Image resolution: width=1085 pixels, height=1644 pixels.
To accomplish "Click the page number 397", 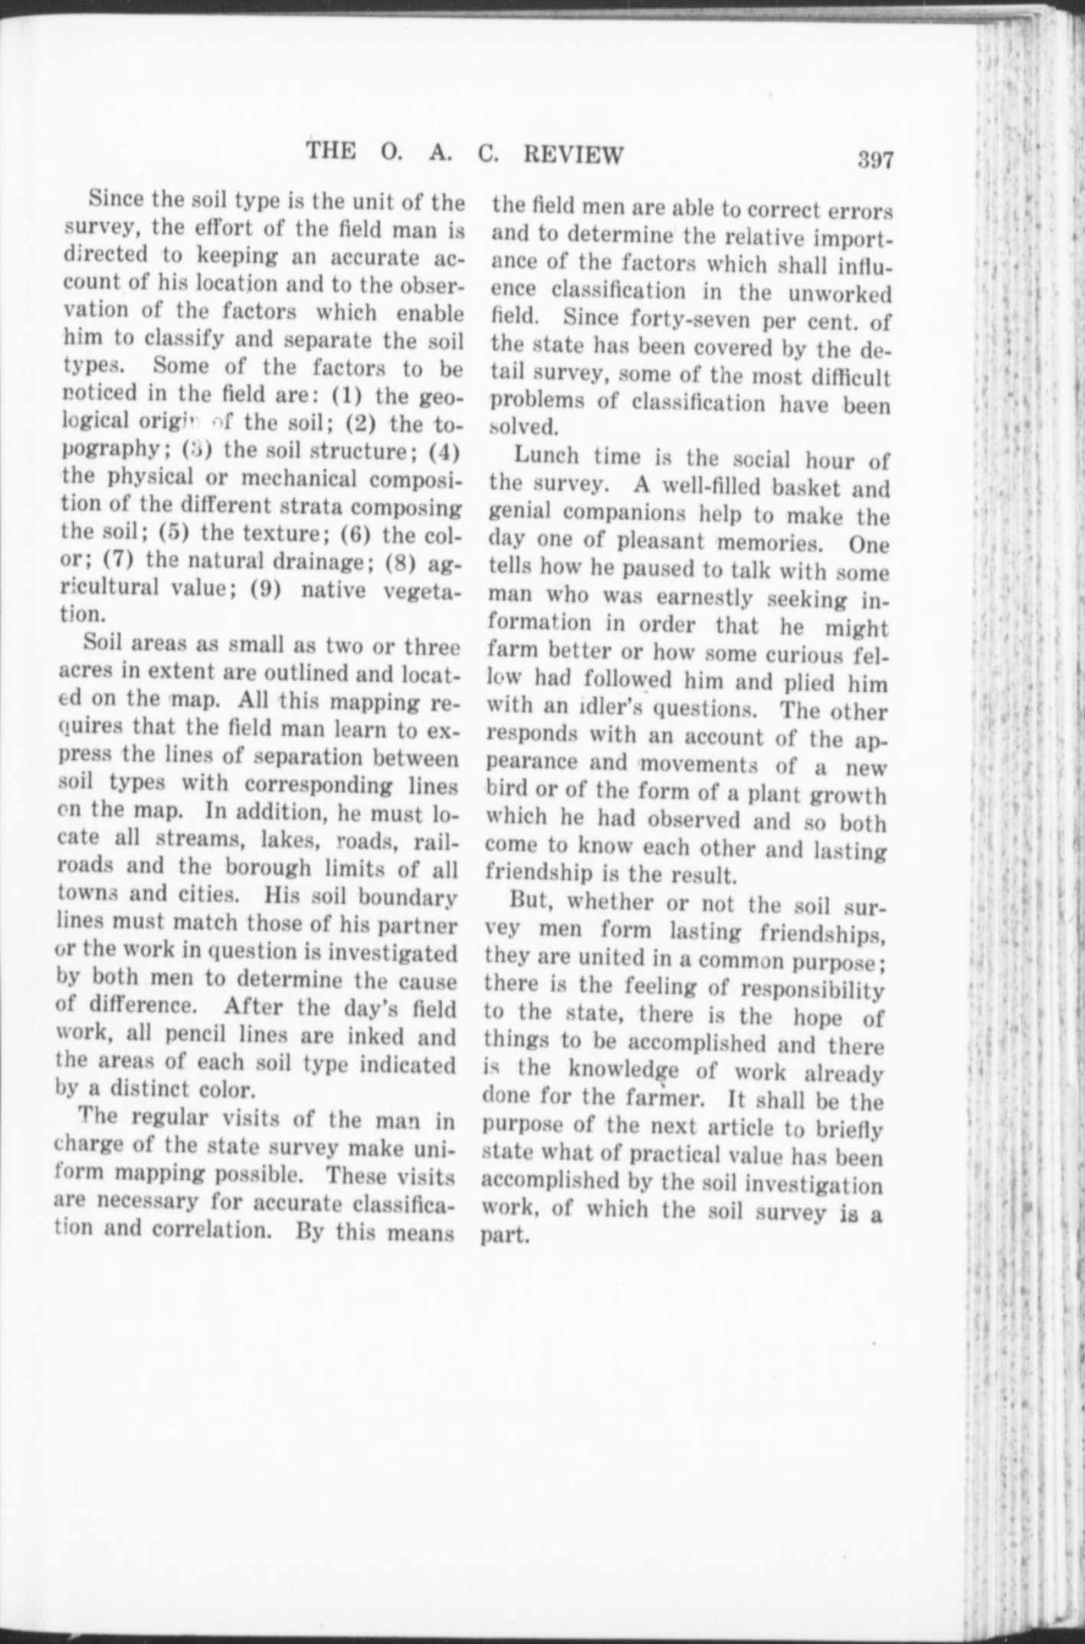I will point(876,159).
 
